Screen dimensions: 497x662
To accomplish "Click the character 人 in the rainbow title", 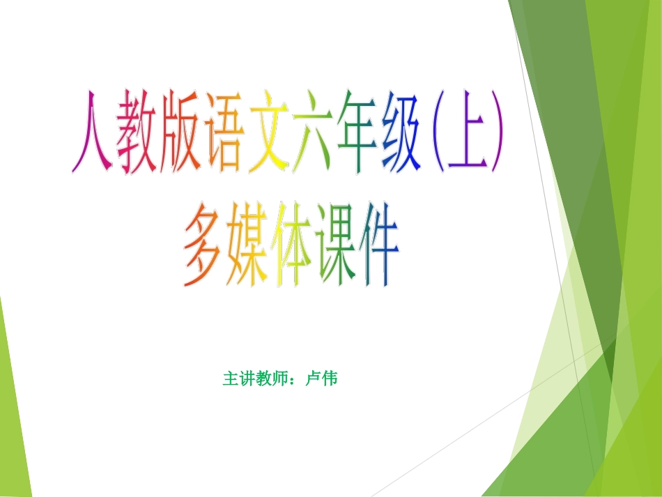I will point(92,132).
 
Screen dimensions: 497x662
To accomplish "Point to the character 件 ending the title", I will point(378,244).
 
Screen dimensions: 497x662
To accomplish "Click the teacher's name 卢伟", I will point(322,379).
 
